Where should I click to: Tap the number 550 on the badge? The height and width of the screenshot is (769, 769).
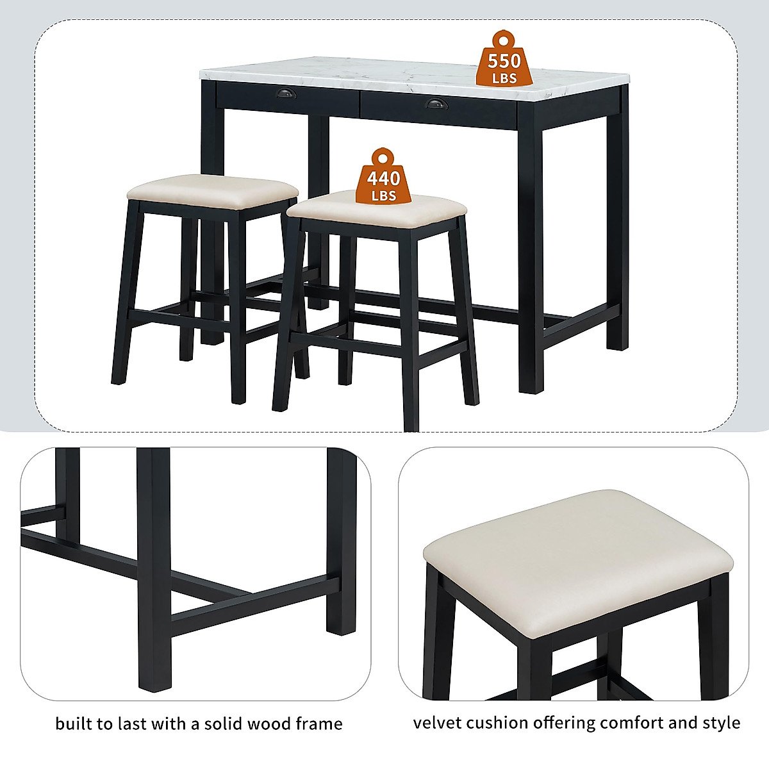coord(504,62)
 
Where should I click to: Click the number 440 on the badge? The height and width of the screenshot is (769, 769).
coord(383,178)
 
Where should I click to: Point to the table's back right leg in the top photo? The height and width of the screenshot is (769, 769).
coord(618,231)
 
